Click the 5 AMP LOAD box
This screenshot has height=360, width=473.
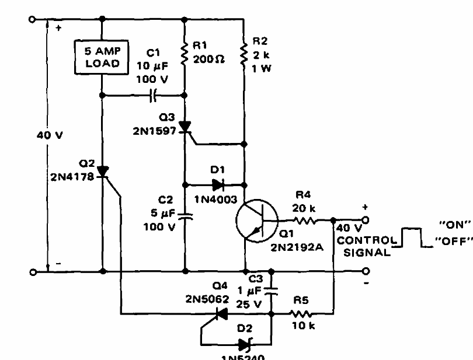(x=102, y=57)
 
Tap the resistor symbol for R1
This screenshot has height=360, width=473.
(x=185, y=54)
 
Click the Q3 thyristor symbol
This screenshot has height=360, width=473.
(x=185, y=127)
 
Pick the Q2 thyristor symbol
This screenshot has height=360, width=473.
(x=103, y=171)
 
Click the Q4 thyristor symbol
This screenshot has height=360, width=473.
(x=221, y=314)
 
